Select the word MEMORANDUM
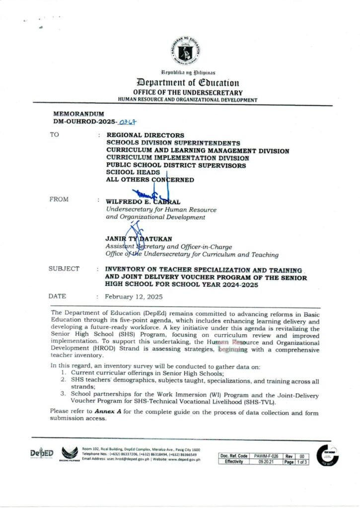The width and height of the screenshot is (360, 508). point(75,114)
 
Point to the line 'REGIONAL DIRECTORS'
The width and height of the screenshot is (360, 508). point(145,135)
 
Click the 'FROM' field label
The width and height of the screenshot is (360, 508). point(59,199)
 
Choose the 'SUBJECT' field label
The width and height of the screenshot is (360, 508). point(64,268)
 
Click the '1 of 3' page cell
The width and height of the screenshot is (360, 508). point(302,462)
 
